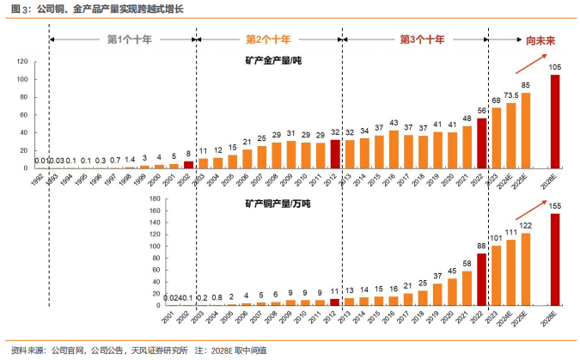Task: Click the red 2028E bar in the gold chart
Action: (555, 121)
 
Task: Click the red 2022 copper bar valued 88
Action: (481, 279)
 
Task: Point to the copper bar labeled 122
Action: (525, 270)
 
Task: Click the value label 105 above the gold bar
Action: (555, 68)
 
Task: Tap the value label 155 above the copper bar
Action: (555, 206)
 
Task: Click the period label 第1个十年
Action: (128, 40)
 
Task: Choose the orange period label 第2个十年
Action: (268, 40)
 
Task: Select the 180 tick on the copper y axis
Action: (153, 199)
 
